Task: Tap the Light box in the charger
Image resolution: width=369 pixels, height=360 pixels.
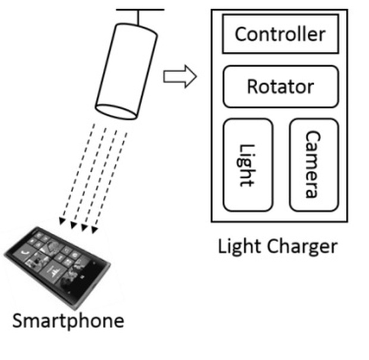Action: tap(248, 164)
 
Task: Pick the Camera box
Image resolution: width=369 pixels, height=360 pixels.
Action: tap(314, 164)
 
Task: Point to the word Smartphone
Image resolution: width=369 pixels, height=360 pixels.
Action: tap(68, 321)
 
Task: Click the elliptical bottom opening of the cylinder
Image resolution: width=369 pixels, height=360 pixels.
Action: tap(117, 111)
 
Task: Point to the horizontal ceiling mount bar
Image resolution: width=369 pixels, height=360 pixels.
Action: tap(140, 10)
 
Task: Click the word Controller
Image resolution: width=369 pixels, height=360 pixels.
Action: tap(280, 33)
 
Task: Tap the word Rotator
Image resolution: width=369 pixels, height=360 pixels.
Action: tap(280, 87)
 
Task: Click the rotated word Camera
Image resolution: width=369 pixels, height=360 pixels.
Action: tap(312, 164)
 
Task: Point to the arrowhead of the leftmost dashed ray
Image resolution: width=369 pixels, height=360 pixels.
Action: tap(62, 222)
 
